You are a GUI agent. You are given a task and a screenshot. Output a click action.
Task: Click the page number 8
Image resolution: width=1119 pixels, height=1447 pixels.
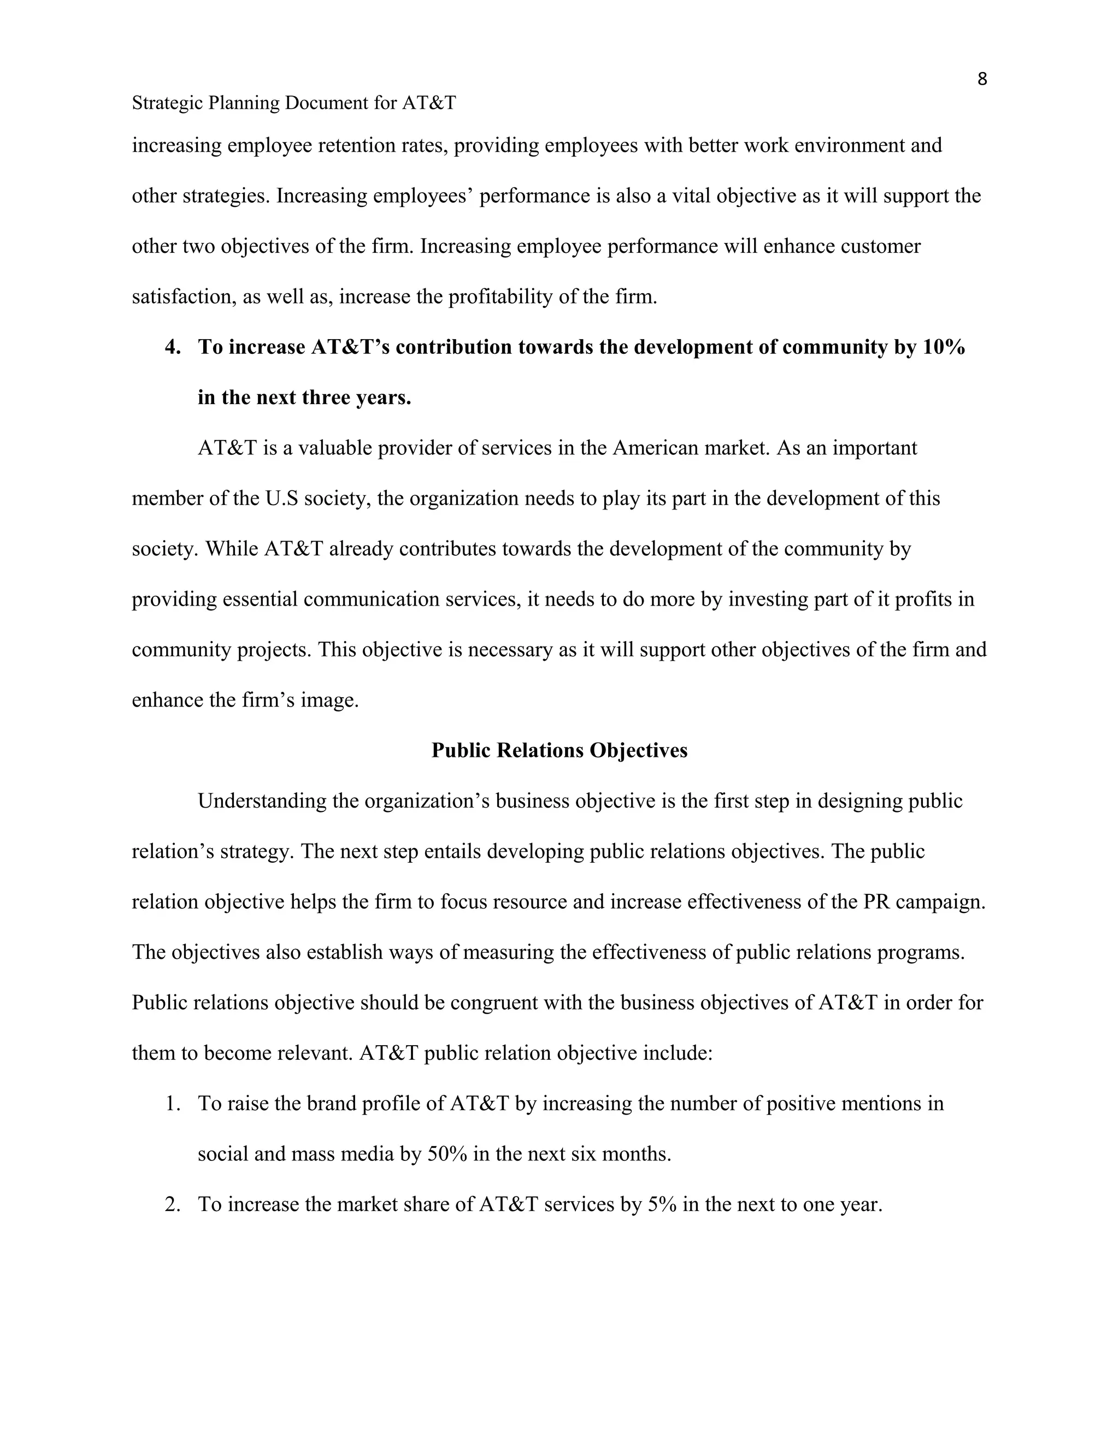click(982, 80)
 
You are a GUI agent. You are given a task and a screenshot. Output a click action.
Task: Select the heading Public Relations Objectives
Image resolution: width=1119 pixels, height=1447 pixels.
click(559, 750)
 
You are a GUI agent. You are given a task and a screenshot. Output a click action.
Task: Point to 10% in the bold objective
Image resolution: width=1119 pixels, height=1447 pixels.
click(943, 347)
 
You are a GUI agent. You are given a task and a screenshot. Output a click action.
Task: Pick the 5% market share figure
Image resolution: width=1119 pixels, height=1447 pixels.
click(662, 1205)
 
